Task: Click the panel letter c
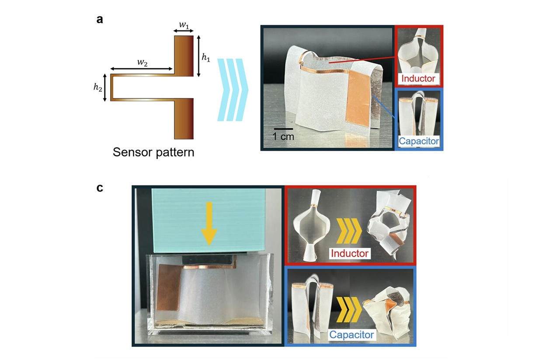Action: point(100,189)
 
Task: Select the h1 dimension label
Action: point(205,57)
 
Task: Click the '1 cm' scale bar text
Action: point(283,136)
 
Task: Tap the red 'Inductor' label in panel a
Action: point(418,79)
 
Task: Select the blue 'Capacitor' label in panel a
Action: point(419,141)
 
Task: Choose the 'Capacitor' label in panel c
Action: point(352,335)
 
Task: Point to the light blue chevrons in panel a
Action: point(233,89)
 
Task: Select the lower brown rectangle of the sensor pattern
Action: point(184,118)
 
